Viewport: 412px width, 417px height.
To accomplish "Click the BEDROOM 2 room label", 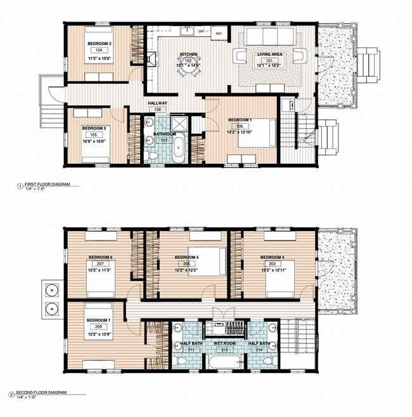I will point(100,43).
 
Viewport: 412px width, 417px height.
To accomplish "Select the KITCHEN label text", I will point(188,55).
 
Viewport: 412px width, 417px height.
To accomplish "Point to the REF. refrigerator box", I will point(219,33).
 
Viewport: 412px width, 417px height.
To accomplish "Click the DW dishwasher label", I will point(201,30).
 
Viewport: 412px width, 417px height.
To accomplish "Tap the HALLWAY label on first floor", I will point(157,102).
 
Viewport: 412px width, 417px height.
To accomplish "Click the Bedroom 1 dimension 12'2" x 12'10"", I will point(244,131).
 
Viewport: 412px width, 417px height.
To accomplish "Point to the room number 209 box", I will point(100,327).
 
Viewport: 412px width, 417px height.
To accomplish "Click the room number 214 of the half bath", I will point(258,349).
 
